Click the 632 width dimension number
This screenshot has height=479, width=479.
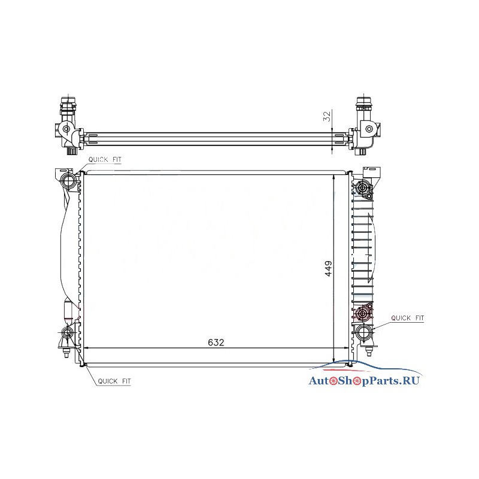click(x=216, y=342)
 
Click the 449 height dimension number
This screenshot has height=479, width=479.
click(x=328, y=268)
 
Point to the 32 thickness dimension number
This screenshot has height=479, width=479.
click(x=327, y=116)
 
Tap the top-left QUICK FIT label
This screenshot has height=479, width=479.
click(x=105, y=159)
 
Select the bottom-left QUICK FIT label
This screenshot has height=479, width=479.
click(x=114, y=381)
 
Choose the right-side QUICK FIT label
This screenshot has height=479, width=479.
click(x=408, y=318)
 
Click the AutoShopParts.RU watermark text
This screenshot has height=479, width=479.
click(x=364, y=381)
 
